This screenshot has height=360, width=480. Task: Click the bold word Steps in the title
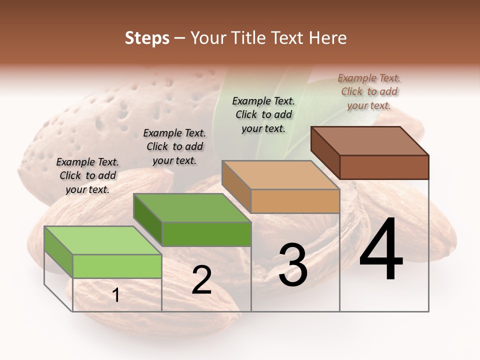[x=147, y=38]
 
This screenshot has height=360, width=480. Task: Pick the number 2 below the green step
[x=201, y=280]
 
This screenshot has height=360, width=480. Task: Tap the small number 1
[x=116, y=295]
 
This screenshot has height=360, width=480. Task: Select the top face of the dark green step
[x=192, y=207]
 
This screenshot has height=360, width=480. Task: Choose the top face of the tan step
[x=280, y=175]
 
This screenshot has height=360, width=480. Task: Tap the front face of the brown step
[x=384, y=167]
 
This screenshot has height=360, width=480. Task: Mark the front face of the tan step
[x=295, y=201]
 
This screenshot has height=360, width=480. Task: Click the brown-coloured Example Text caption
[x=369, y=91]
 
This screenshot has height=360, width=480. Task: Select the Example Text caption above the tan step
[x=263, y=114]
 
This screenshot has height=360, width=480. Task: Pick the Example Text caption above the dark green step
[x=174, y=146]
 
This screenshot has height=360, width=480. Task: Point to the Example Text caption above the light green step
[x=87, y=175]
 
